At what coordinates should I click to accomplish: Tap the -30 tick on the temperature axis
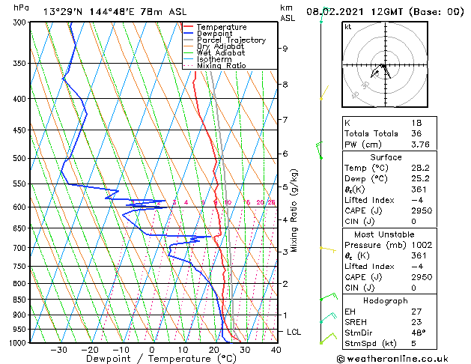coord(58,350)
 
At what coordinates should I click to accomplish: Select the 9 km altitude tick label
coord(285,49)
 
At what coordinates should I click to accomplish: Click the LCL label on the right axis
coord(294,332)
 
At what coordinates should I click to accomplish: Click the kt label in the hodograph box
coord(348,27)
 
